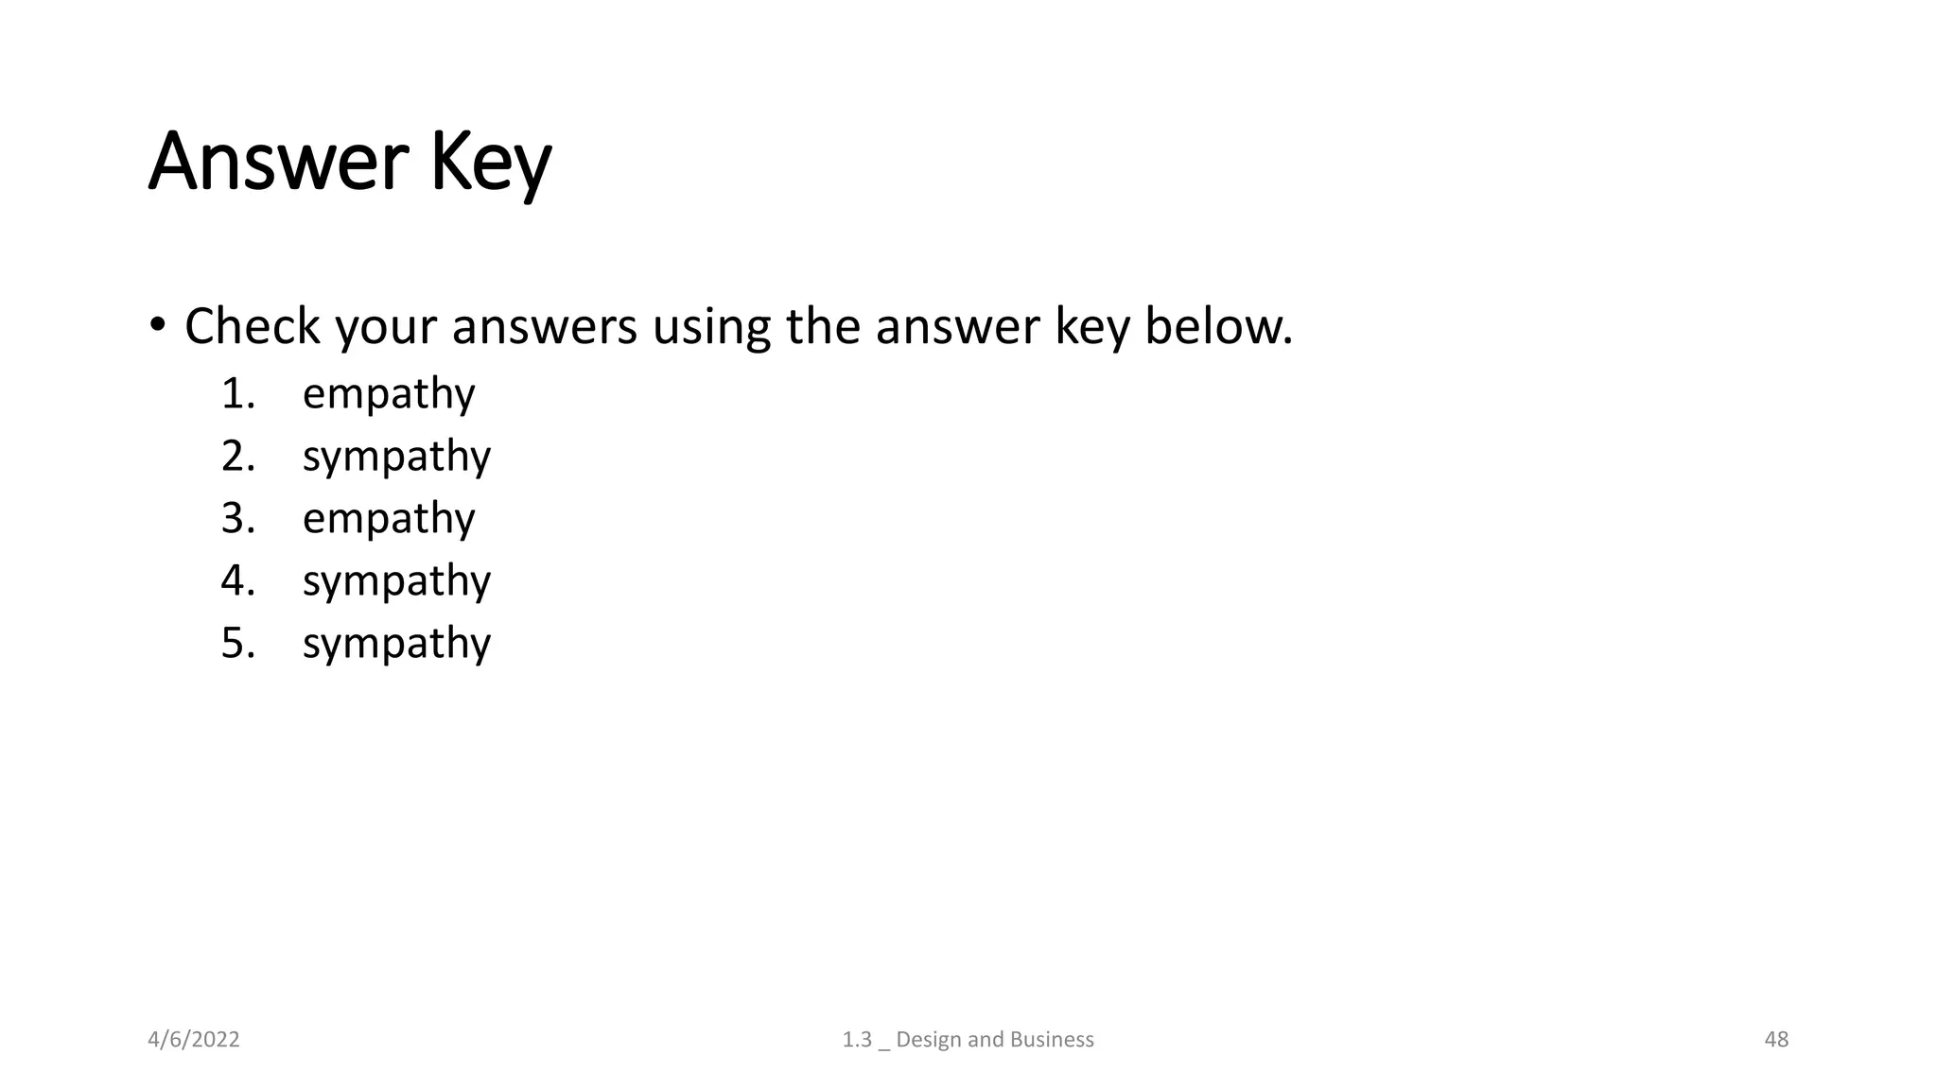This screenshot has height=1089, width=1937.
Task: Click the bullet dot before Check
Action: [x=157, y=326]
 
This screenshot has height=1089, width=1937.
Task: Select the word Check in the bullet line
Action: [x=253, y=326]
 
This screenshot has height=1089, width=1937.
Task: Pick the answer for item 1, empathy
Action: [x=389, y=394]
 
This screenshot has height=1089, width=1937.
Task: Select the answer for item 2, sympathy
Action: [x=396, y=457]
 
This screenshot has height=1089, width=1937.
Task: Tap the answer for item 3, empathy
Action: [x=389, y=519]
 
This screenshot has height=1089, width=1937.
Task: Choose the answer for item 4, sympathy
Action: [x=396, y=581]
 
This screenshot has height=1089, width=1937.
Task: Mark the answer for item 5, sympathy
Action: [x=396, y=644]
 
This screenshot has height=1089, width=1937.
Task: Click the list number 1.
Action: [x=237, y=393]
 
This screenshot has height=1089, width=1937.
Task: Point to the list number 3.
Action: [x=237, y=518]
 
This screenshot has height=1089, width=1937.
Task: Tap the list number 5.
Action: [x=237, y=643]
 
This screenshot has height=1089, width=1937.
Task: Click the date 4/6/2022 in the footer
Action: [x=194, y=1040]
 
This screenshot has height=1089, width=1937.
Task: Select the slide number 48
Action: [x=1776, y=1040]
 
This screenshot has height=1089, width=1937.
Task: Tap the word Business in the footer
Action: [x=1052, y=1040]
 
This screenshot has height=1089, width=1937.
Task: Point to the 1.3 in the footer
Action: [x=857, y=1040]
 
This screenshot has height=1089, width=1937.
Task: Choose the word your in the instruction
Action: [x=386, y=328]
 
